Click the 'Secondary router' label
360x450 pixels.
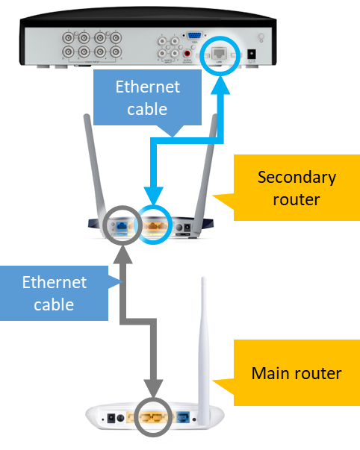297,188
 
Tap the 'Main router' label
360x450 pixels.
297,372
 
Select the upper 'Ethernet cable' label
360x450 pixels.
147,98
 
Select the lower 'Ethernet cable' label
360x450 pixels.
54,293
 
